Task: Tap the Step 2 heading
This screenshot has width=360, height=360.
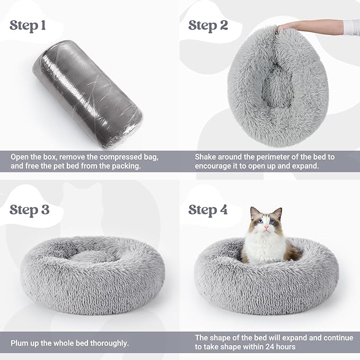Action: point(209,25)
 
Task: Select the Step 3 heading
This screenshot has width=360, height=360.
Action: point(30,209)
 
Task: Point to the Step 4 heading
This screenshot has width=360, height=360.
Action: point(209,209)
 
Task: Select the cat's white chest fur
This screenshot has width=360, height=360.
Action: point(262,249)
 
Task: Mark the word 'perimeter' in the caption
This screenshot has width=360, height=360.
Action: point(268,157)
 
